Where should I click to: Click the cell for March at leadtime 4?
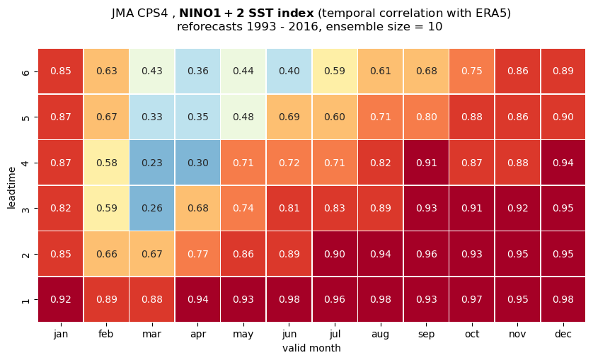tap(152, 163)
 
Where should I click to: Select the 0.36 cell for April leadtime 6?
tap(198, 71)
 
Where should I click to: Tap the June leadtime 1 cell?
tap(289, 299)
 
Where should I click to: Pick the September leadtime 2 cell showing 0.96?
tap(426, 254)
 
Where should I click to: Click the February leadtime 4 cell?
tap(106, 163)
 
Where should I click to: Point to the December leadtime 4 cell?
tap(563, 163)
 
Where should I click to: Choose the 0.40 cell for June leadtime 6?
tap(289, 71)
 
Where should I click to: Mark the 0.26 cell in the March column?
tap(152, 209)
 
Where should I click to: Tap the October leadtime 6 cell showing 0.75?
tap(472, 71)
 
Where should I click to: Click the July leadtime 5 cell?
tap(335, 117)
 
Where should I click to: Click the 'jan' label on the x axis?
tap(61, 335)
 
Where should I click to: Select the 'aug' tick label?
tap(381, 335)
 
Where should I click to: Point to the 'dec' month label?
tap(563, 334)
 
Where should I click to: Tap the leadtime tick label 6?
tap(25, 71)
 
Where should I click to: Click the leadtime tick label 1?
tap(25, 300)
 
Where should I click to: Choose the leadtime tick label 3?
tap(25, 209)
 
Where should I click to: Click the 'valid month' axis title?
tap(311, 348)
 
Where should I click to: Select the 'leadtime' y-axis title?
tap(12, 187)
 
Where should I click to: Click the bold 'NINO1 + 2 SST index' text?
tap(246, 13)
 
